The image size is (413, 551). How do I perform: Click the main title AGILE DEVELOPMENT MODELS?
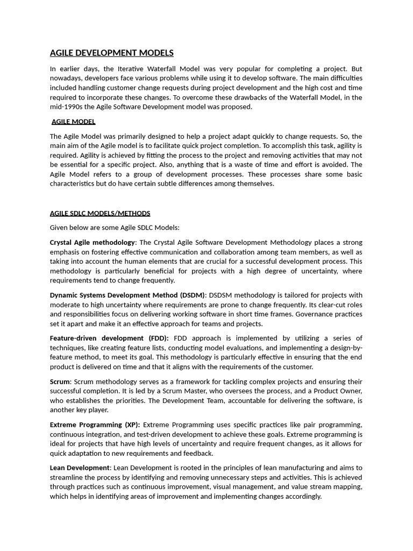point(111,53)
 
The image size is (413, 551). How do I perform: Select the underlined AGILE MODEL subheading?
point(73,122)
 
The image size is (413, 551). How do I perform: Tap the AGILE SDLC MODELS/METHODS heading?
point(100,213)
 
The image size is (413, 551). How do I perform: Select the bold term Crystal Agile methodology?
point(92,242)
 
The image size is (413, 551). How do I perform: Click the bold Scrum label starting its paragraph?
point(60,381)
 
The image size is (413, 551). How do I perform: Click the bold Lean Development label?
point(80,468)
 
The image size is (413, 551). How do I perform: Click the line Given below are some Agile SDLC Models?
point(115,227)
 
